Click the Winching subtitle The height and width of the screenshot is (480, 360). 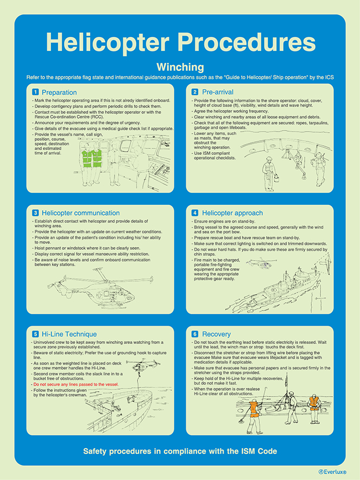point(180,68)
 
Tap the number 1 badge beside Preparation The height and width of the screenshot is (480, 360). point(35,92)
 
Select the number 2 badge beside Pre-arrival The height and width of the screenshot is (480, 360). point(195,92)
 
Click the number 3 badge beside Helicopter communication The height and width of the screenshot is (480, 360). point(35,213)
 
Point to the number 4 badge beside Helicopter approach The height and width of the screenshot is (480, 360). point(195,213)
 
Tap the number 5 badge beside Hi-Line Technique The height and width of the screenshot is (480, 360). point(35,334)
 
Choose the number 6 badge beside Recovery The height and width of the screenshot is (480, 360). point(195,334)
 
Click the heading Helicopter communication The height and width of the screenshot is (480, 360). point(81,213)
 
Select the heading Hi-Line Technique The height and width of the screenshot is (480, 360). point(69,334)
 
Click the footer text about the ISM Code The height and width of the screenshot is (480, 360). point(180,451)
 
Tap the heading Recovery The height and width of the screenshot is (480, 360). point(217,334)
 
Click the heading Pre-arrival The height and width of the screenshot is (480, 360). point(218,92)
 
